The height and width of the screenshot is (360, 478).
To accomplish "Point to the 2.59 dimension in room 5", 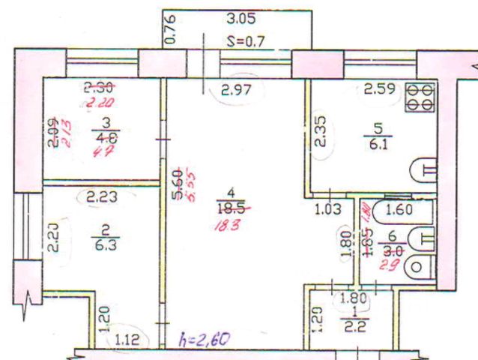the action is pyautogui.click(x=379, y=90).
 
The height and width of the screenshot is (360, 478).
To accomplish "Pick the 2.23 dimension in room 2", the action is pyautogui.click(x=100, y=198).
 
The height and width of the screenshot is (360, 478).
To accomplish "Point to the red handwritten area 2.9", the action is pyautogui.click(x=390, y=265).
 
